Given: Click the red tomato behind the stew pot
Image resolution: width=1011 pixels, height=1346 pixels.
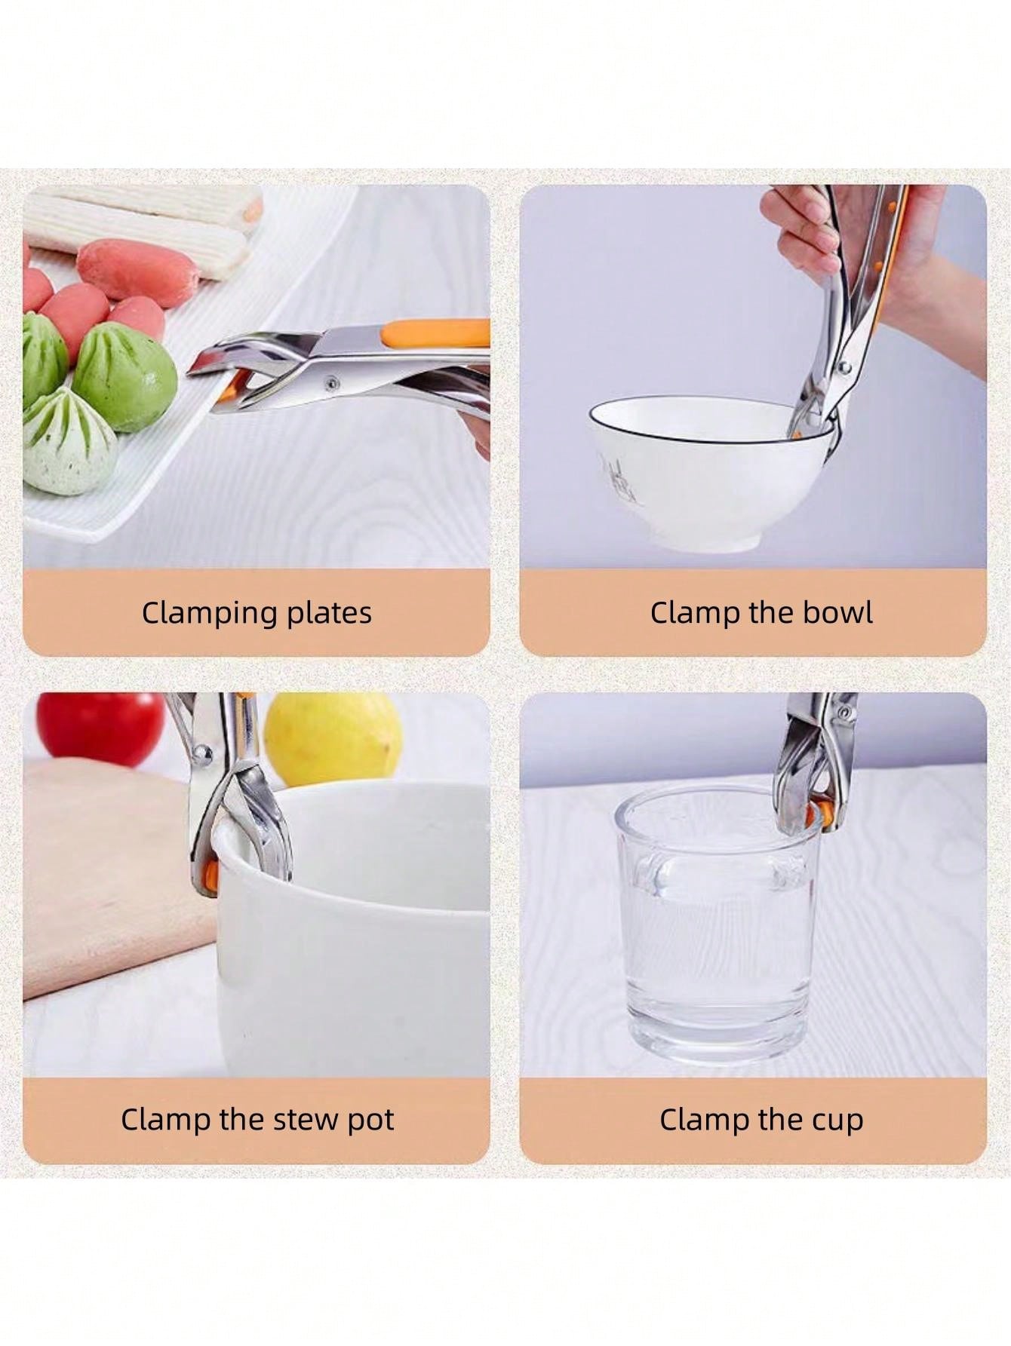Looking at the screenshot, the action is click(x=100, y=728).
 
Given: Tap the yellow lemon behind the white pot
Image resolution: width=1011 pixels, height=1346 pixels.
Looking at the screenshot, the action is click(x=333, y=737).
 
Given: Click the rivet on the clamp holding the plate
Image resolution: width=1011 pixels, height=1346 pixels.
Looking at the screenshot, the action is click(x=330, y=384).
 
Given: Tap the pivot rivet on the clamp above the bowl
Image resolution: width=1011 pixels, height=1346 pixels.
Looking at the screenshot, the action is click(x=845, y=367).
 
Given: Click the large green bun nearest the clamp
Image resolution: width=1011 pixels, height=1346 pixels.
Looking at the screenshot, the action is click(x=124, y=376).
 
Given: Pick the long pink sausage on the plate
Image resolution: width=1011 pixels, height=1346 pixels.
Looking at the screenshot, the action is click(x=137, y=271).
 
